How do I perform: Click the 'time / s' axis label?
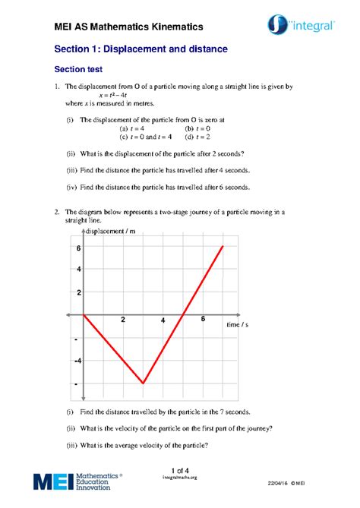coord(237,323)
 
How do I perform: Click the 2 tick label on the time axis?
coord(123,320)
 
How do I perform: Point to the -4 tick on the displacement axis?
coord(77,361)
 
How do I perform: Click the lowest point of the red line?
coord(143,384)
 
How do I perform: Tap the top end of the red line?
coord(223,246)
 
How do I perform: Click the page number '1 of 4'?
coord(180,469)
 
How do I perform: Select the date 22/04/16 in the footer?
coord(279,484)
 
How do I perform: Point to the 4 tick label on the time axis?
coord(163,320)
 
